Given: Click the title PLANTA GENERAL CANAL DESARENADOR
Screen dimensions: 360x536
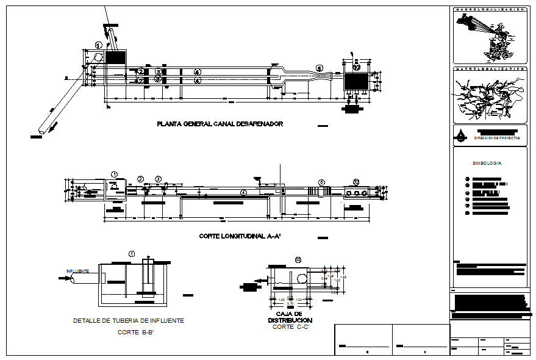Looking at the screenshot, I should click(220, 124).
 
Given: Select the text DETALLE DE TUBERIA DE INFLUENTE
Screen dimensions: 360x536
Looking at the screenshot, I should click(128, 320).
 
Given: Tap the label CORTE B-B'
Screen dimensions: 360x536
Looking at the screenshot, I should click(135, 333).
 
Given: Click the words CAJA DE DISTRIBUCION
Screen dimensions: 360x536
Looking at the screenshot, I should click(290, 317).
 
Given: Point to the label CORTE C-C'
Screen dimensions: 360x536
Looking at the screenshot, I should click(291, 327).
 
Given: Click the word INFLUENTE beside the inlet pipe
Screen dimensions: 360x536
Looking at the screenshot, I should click(78, 271).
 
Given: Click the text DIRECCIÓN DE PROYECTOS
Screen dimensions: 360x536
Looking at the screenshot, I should click(497, 139).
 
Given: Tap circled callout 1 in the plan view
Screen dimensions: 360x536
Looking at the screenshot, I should click(99, 45).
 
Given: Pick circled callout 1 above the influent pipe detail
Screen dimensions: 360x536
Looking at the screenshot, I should click(132, 253).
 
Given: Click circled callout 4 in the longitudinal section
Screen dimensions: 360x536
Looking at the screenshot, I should click(244, 192).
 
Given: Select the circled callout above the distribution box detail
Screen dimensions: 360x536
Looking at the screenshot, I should click(298, 260).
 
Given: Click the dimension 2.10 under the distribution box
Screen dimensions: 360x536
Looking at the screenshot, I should click(290, 303).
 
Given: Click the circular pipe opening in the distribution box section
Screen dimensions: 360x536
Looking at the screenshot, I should click(302, 279).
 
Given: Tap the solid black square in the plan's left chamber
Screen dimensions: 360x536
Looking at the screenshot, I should click(115, 57).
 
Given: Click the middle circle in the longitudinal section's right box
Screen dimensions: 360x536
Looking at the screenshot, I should click(356, 192).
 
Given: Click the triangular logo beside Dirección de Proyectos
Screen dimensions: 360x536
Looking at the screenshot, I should click(461, 135).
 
